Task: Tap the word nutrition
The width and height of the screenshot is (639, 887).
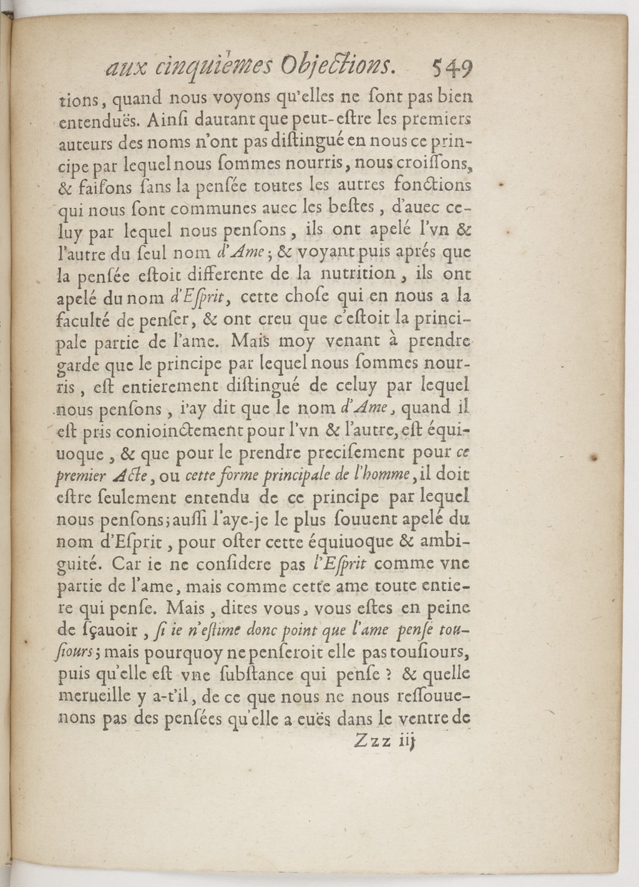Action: click(357, 274)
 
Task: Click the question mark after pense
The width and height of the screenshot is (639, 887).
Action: click(388, 674)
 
